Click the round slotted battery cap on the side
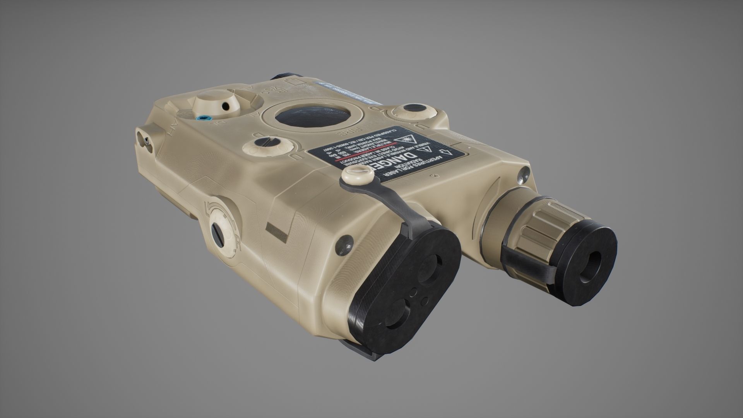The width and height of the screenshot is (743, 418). [221, 231]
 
